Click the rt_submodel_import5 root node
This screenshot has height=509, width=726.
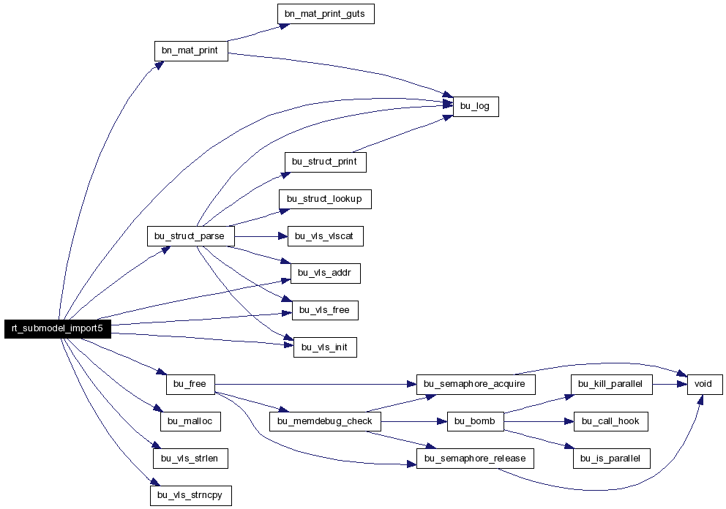point(58,328)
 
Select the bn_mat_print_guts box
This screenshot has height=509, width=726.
point(326,14)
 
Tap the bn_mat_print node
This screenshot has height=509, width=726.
point(191,51)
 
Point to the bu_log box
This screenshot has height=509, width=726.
point(476,107)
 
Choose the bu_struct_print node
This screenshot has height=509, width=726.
point(326,162)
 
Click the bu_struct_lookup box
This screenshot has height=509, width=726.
point(325,199)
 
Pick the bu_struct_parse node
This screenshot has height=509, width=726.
point(191,236)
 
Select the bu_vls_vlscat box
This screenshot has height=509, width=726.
point(326,236)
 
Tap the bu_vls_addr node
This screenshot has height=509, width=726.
point(326,273)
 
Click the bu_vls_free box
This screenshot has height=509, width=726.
point(325,310)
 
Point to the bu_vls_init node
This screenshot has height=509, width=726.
point(325,347)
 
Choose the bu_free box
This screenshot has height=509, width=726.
point(190,384)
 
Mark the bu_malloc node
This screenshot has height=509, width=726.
point(190,421)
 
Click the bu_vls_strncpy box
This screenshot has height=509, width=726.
point(191,495)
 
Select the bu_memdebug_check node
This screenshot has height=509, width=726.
point(325,421)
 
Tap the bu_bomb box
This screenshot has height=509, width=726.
point(476,421)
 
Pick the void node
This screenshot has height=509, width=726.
point(705,384)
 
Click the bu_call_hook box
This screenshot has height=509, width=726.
point(610,421)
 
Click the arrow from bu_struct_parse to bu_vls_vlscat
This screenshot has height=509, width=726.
point(261,236)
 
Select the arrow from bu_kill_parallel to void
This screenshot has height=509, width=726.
point(670,384)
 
